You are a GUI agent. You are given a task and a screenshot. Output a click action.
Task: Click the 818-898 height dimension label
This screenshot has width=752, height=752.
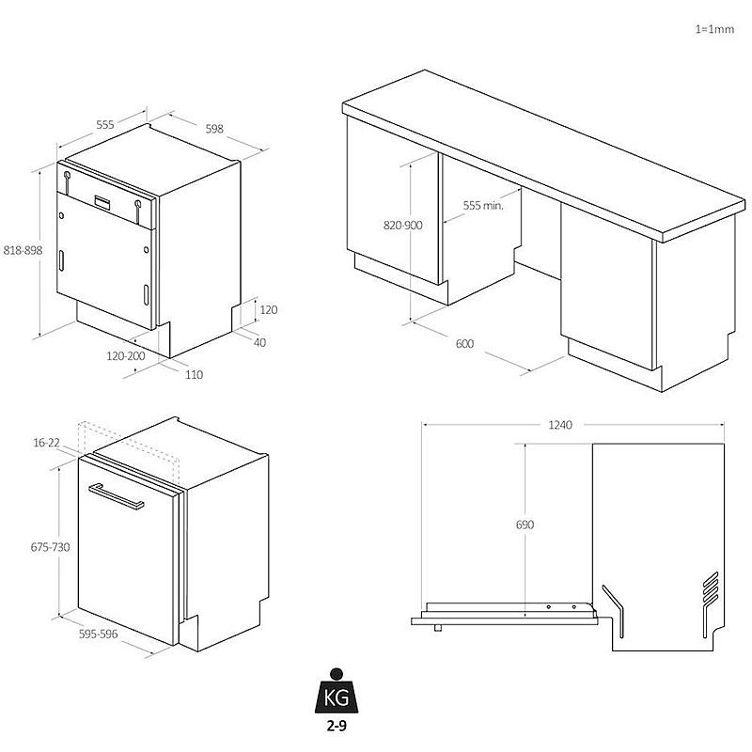23,250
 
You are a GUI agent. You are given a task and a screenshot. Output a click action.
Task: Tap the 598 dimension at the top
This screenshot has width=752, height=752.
214,129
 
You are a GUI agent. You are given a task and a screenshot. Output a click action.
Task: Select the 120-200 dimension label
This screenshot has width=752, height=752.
126,356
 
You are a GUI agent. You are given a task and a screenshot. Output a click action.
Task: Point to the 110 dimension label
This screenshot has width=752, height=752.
194,374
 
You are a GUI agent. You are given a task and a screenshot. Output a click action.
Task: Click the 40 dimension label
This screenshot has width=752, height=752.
259,342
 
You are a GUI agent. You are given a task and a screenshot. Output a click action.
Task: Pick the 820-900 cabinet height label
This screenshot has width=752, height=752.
403,226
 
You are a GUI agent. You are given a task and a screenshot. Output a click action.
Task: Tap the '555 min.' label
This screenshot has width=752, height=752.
483,206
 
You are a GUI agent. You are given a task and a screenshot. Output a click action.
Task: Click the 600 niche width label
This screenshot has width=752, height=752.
464,344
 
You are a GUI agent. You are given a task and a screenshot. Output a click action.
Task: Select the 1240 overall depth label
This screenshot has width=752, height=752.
560,425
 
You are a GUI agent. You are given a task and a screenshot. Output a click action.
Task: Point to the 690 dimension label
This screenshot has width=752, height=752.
525,525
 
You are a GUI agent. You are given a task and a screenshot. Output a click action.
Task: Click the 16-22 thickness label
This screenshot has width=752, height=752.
46,443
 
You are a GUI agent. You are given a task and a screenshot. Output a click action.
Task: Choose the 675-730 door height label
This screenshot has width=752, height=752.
51,547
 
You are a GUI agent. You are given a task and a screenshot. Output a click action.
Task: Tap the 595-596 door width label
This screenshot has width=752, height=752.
99,634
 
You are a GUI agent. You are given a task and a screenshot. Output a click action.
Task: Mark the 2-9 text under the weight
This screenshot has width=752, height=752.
337,726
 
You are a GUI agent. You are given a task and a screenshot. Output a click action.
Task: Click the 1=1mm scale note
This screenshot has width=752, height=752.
714,29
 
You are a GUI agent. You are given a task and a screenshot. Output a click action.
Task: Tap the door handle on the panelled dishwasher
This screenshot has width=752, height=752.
116,496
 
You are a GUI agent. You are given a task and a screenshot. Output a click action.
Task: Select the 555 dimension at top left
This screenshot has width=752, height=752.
105,125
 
